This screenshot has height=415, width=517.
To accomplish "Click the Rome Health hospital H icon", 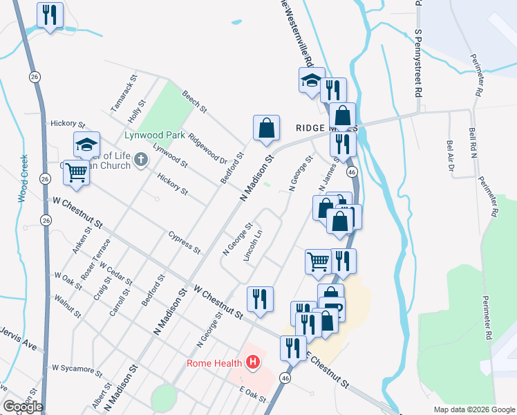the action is coord(254,362).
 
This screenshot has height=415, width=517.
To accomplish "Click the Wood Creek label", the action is coord(23,178).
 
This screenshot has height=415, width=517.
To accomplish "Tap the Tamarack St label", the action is coord(121,98).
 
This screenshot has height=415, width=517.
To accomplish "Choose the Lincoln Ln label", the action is coord(253,245).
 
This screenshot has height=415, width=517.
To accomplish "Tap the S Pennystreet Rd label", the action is coord(417,62).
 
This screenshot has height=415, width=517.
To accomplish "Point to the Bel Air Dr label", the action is coord(451,156).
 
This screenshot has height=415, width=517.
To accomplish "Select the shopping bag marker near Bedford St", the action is coord(266,127).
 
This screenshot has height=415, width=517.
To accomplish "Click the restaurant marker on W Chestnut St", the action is coord(260,299).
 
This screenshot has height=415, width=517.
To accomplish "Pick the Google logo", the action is coord(23,407).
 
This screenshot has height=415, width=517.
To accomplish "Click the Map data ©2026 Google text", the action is coord(473,409).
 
